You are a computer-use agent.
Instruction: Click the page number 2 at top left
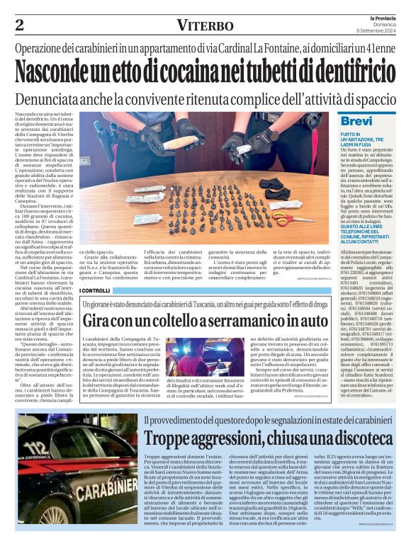[x=20, y=25]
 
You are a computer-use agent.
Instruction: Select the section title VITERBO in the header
[x=205, y=25]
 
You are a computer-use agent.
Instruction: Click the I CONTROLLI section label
[x=95, y=290]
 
